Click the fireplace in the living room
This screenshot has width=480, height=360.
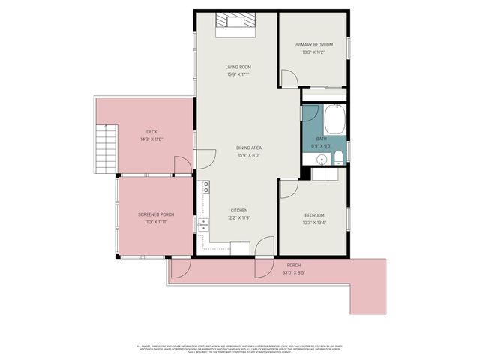(233, 23)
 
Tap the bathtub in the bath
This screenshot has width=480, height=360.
(334, 118)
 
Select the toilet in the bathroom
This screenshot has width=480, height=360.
(338, 157)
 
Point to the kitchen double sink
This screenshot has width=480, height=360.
(202, 224)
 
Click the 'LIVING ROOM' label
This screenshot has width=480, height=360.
(238, 67)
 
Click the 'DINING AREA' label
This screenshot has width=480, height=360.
(249, 148)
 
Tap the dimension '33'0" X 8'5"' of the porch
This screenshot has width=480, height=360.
(293, 272)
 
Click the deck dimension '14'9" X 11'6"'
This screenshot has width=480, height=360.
(151, 139)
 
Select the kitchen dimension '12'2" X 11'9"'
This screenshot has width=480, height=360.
(238, 217)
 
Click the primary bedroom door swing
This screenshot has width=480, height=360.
(289, 77)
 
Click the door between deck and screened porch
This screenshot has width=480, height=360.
(182, 166)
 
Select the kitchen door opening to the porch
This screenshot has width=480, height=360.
(264, 246)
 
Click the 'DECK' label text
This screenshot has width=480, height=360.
(151, 132)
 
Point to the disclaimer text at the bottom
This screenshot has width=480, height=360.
(239, 349)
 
